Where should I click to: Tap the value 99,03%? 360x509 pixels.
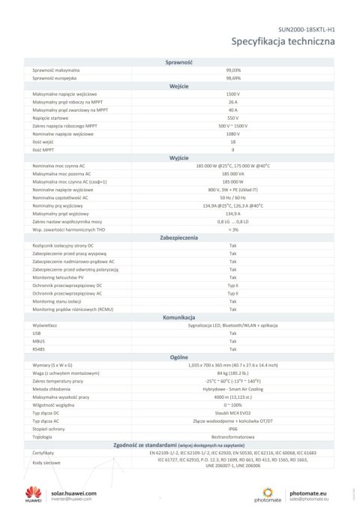click(232, 70)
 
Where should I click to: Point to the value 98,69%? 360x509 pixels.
click(232, 78)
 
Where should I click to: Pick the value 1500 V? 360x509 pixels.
click(232, 94)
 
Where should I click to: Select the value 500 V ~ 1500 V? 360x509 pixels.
click(232, 125)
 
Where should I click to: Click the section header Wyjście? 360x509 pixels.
click(179, 157)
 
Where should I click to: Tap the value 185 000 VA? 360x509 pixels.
click(232, 173)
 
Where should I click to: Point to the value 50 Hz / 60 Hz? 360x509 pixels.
click(232, 197)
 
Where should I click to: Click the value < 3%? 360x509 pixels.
click(232, 229)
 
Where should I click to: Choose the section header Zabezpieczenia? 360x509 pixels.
click(179, 237)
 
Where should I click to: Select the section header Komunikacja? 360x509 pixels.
click(179, 317)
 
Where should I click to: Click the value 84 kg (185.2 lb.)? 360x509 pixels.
click(232, 373)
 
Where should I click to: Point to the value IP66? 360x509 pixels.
click(232, 428)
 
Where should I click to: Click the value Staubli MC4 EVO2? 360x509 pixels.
click(232, 412)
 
